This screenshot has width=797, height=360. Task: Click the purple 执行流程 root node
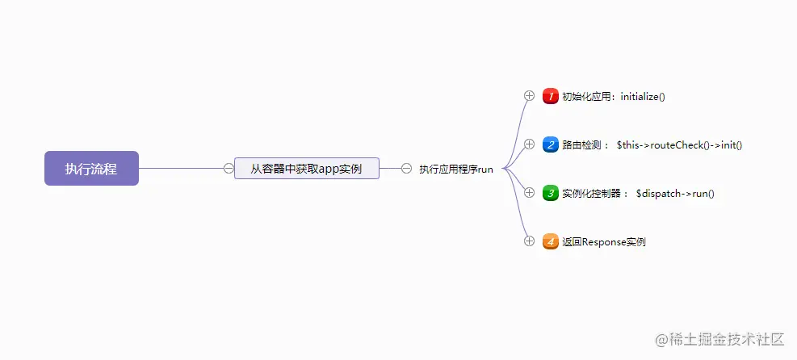91,169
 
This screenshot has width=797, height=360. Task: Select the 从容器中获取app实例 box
306,169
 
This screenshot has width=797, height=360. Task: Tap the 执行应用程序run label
455,170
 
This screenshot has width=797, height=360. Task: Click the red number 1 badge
551,96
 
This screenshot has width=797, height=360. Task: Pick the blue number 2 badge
551,145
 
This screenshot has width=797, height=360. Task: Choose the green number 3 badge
551,193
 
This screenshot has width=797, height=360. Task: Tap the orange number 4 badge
551,241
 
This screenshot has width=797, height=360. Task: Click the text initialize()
643,97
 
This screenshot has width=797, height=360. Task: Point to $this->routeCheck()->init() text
679,145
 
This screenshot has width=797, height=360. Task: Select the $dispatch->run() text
675,194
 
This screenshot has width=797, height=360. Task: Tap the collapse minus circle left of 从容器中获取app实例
229,169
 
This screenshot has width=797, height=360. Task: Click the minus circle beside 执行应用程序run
406,169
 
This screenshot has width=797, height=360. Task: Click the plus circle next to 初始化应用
530,95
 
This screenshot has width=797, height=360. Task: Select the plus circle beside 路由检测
530,144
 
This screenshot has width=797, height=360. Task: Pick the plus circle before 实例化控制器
530,192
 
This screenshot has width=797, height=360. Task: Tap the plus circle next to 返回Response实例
530,241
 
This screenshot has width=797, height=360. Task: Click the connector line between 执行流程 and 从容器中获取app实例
181,169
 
